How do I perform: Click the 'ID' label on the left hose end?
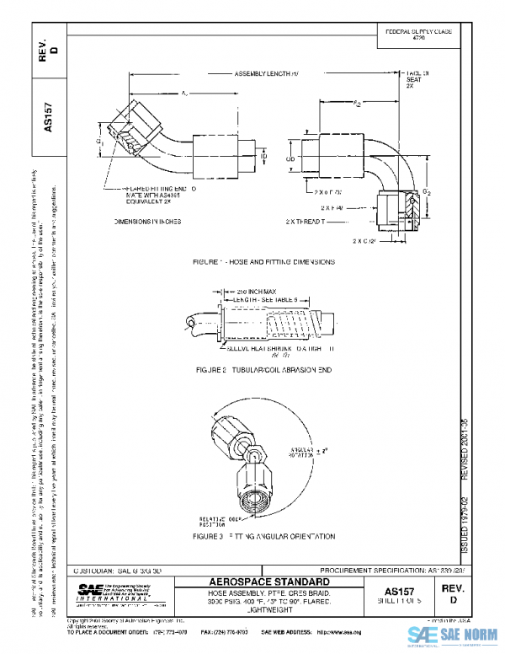coord(263,157)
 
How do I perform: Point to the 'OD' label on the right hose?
coord(291,157)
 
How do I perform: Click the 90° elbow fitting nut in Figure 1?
coord(393,205)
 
